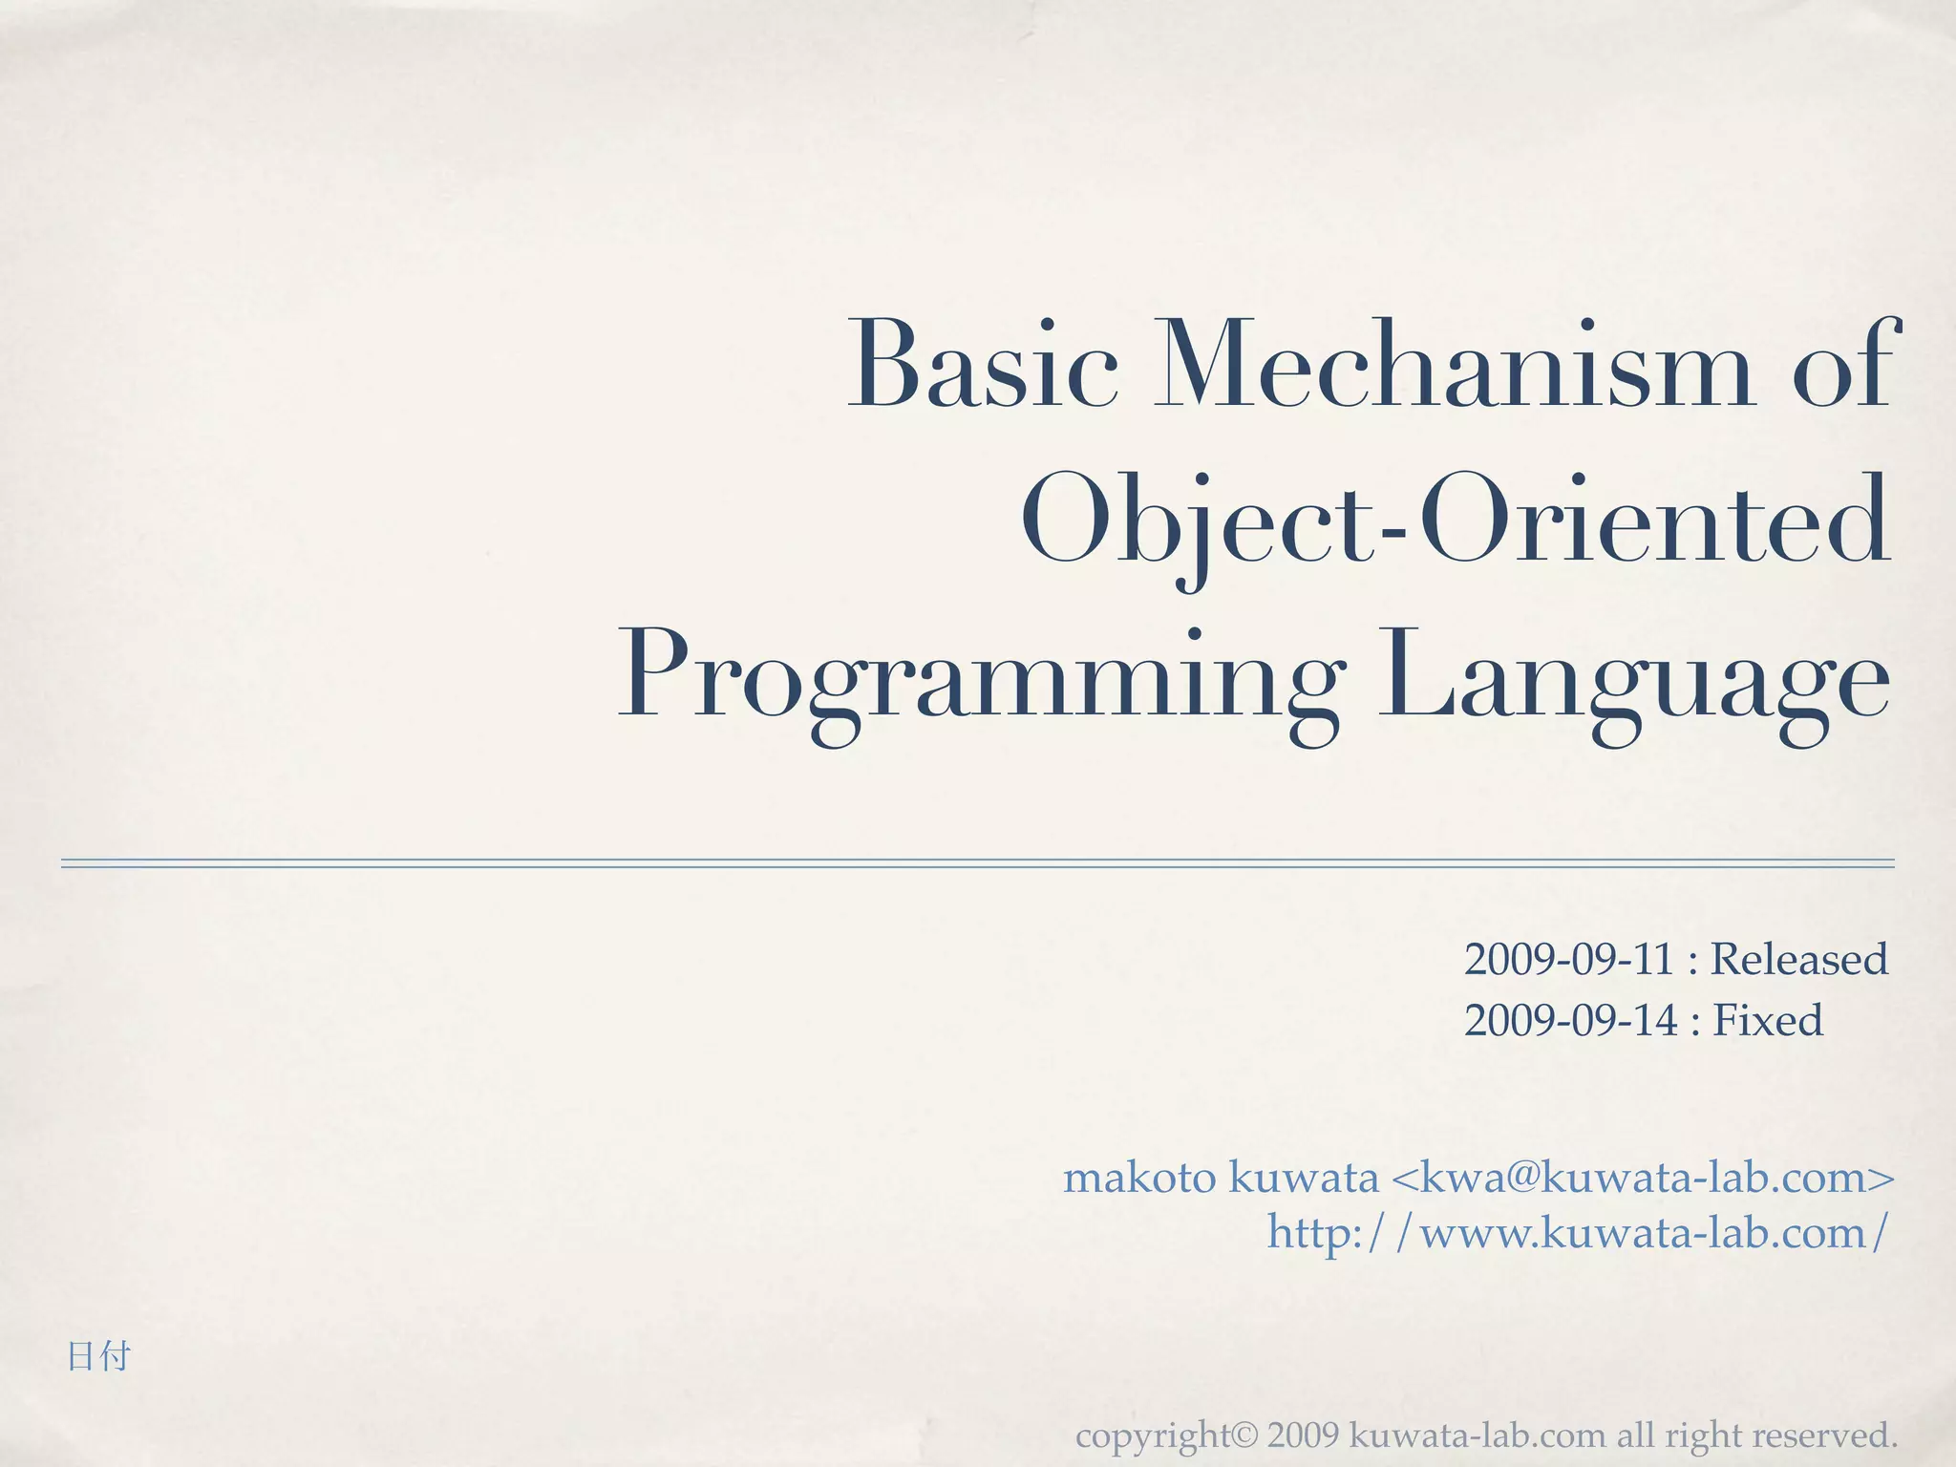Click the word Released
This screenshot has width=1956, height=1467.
[1798, 960]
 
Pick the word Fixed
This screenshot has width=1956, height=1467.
[1767, 1020]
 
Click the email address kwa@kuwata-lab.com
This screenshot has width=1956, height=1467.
[1643, 1178]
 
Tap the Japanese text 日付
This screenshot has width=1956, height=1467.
[98, 1356]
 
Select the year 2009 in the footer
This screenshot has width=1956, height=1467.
[1305, 1435]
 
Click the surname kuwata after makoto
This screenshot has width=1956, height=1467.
[1304, 1178]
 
